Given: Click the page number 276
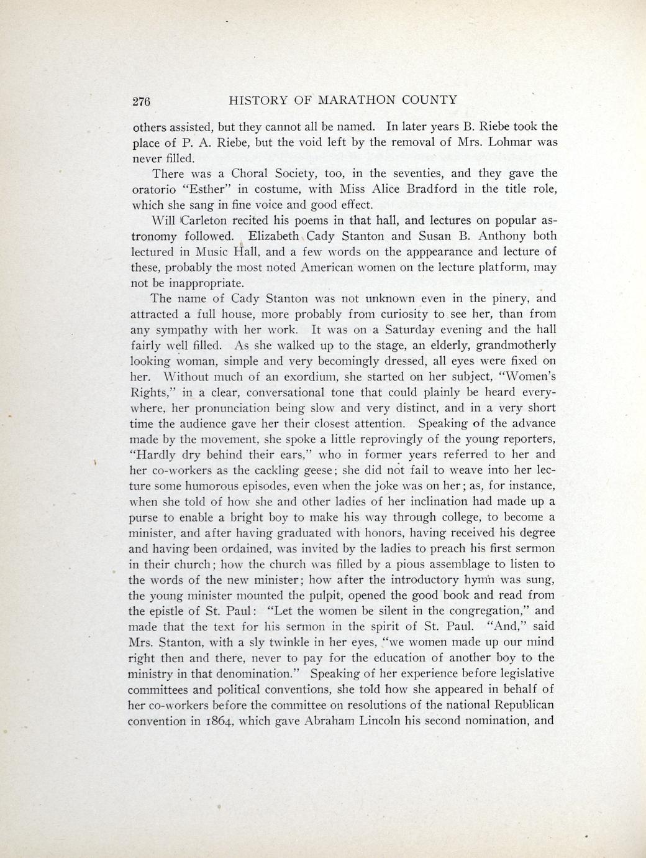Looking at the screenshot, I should [x=142, y=101].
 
